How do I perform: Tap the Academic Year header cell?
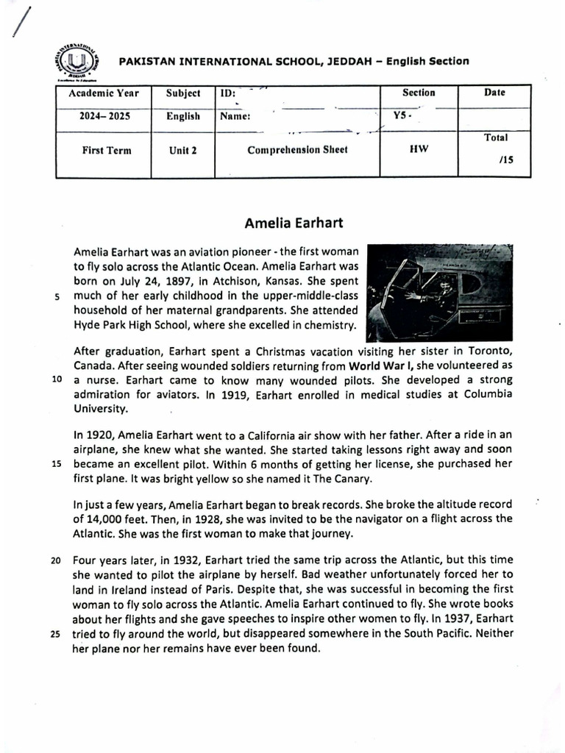point(104,94)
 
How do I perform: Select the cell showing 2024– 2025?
point(104,116)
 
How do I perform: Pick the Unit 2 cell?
point(182,151)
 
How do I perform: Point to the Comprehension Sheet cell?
point(297,150)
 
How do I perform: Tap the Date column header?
point(494,93)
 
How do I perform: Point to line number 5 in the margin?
point(57,298)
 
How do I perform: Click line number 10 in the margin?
point(56,380)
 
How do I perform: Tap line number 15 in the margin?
point(56,464)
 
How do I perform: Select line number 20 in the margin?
point(56,560)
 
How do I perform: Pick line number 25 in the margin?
point(56,634)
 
